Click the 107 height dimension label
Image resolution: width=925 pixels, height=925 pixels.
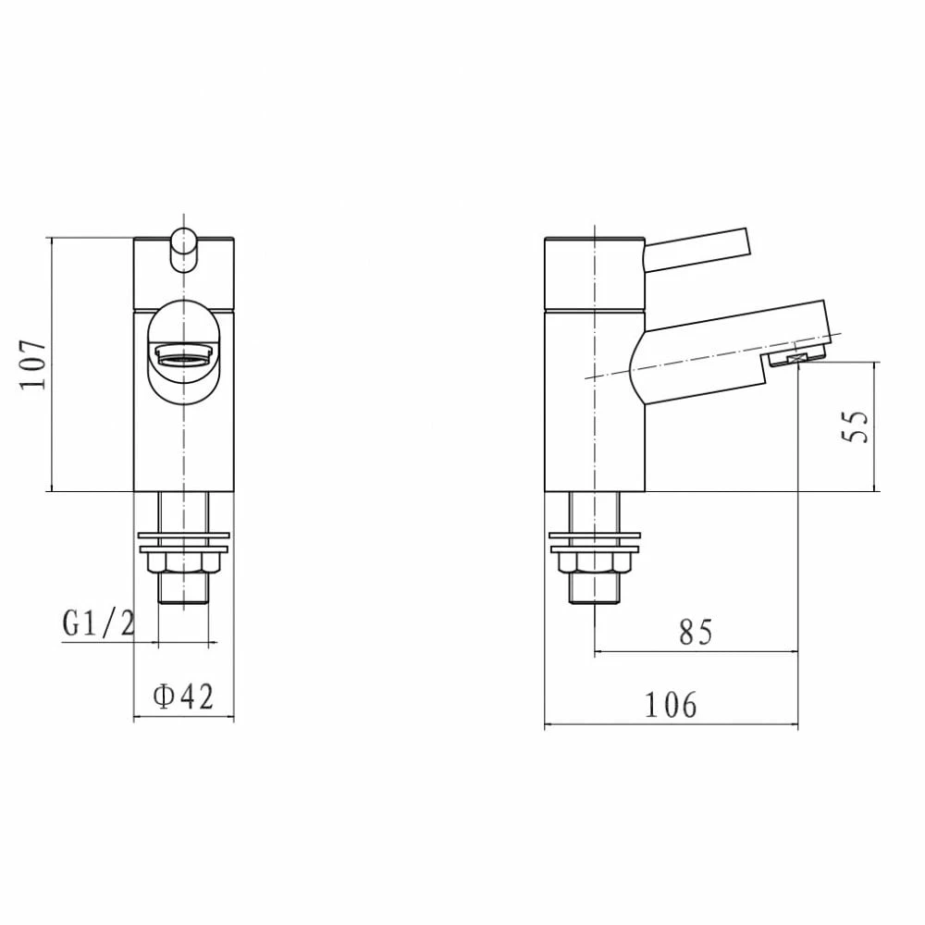(x=33, y=364)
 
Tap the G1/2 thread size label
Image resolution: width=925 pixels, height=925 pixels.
(x=99, y=624)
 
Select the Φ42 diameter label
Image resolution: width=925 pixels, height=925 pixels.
(x=183, y=697)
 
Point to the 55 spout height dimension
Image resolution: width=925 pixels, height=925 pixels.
(x=858, y=427)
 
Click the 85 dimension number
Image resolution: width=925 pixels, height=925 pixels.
(x=696, y=632)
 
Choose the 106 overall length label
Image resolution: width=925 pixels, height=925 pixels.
(x=671, y=706)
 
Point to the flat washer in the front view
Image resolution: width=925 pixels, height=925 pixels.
(x=183, y=537)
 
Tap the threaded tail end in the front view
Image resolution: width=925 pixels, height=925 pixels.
(x=183, y=591)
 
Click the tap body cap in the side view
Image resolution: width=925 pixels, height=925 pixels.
(x=592, y=273)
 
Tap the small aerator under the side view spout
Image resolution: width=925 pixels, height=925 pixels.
(x=796, y=359)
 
